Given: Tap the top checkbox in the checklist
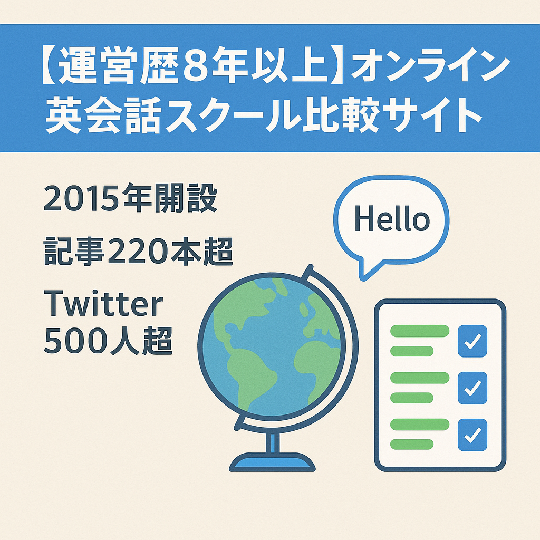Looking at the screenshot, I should click(x=472, y=341).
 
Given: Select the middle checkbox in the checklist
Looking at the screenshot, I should click(x=472, y=388).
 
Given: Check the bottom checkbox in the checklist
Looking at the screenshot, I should click(x=472, y=435).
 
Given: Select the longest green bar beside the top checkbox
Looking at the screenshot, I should click(x=419, y=331).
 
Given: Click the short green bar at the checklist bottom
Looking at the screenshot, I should click(x=411, y=444).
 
